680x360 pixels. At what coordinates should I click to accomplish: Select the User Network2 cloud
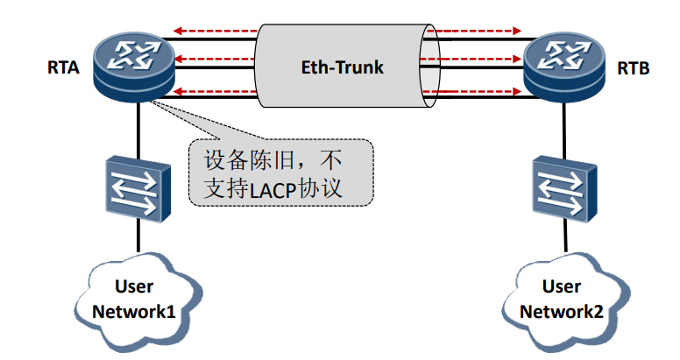click(x=561, y=298)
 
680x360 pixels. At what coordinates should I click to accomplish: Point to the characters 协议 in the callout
click(x=323, y=187)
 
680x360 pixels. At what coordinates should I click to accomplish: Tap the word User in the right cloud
click(x=561, y=286)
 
